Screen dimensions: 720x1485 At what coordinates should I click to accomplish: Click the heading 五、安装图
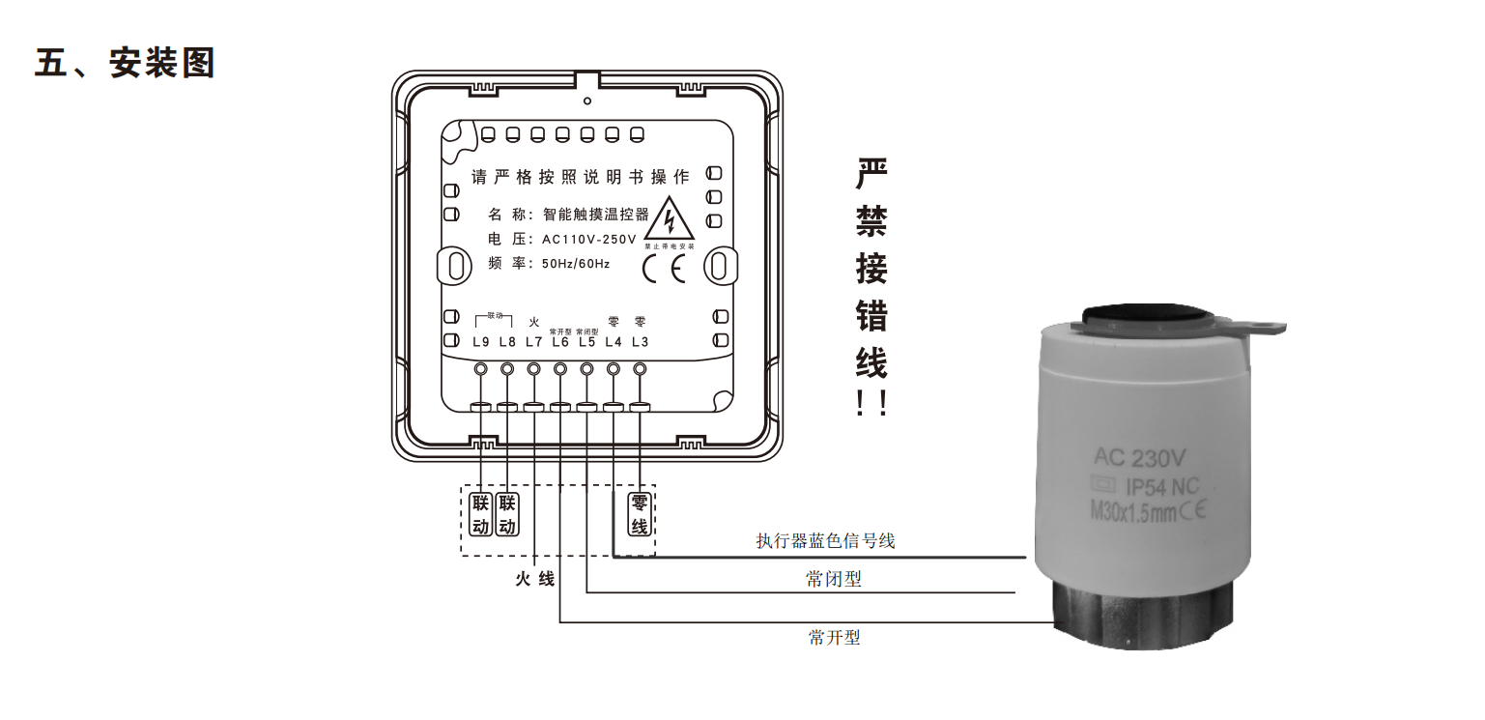point(124,64)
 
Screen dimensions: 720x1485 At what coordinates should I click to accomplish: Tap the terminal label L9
point(481,342)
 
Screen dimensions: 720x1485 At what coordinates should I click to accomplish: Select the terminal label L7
point(533,342)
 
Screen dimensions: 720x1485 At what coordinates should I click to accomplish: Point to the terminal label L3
point(640,342)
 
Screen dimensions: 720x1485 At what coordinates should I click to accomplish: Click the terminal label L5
point(586,342)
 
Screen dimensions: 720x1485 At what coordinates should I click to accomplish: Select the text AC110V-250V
point(588,240)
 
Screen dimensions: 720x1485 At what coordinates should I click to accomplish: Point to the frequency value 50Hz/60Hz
point(576,264)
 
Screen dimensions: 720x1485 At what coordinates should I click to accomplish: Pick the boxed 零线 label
point(639,515)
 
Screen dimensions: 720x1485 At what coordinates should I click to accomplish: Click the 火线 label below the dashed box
point(534,579)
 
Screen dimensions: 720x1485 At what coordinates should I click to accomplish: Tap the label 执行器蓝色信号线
point(825,541)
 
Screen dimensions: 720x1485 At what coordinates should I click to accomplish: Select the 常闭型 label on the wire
point(834,579)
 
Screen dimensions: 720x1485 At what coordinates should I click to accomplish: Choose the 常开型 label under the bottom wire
point(834,637)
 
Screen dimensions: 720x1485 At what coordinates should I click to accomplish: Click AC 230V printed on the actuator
point(1140,455)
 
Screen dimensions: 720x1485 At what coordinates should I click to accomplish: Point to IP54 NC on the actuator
point(1162,486)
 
